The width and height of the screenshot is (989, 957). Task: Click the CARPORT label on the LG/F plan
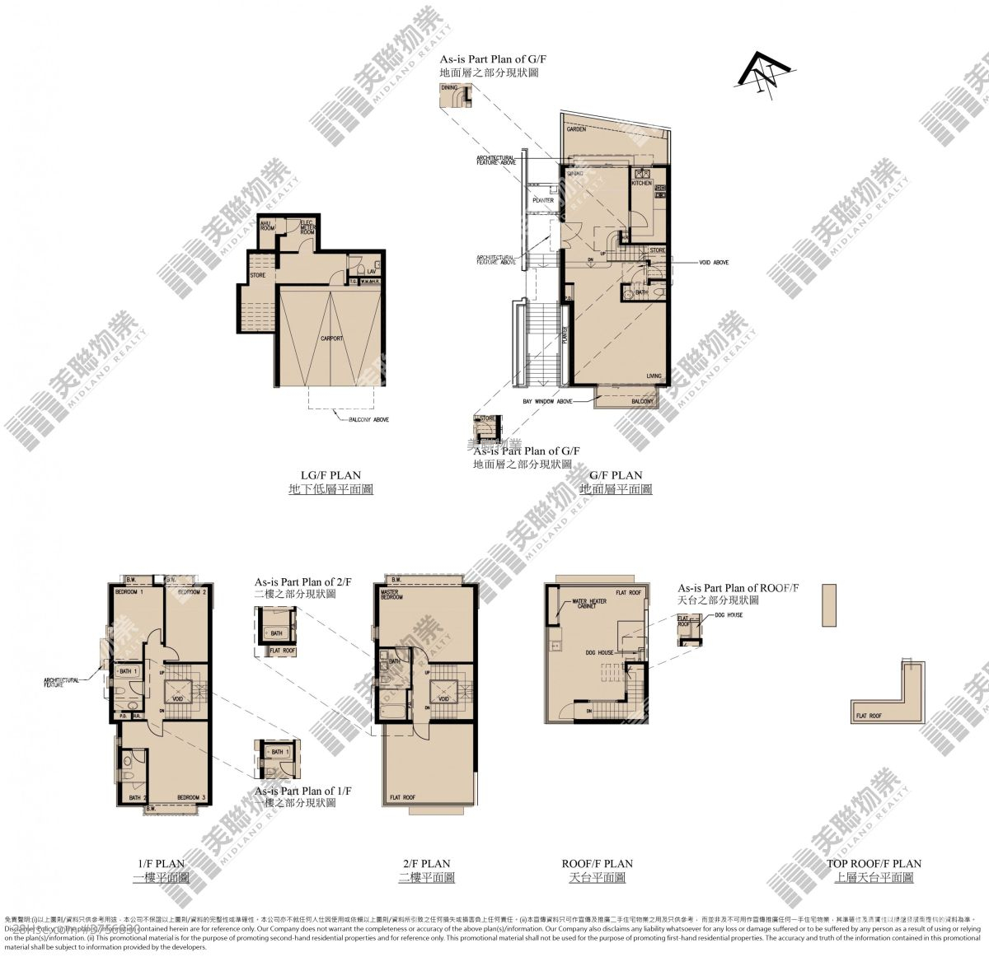(332, 338)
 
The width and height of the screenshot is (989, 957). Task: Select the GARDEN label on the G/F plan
(576, 130)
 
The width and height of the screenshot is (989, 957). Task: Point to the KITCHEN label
(642, 183)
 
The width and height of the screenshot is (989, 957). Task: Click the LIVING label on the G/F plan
(654, 376)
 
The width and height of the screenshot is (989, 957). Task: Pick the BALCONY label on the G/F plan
(643, 401)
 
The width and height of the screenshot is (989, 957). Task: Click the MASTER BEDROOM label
(391, 595)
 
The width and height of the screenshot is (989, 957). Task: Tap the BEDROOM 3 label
(191, 796)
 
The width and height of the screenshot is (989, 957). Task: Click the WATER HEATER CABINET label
(590, 604)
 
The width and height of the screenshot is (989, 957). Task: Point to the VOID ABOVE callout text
(714, 263)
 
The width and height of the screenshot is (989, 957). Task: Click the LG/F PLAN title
(330, 475)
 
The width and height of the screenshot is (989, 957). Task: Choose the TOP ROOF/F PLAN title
(874, 864)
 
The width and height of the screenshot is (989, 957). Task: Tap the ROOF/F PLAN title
(598, 864)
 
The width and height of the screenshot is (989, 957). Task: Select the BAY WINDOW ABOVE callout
(547, 401)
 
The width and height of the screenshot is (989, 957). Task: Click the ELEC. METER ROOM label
(307, 228)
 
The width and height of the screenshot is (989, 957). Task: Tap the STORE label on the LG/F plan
(258, 275)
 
